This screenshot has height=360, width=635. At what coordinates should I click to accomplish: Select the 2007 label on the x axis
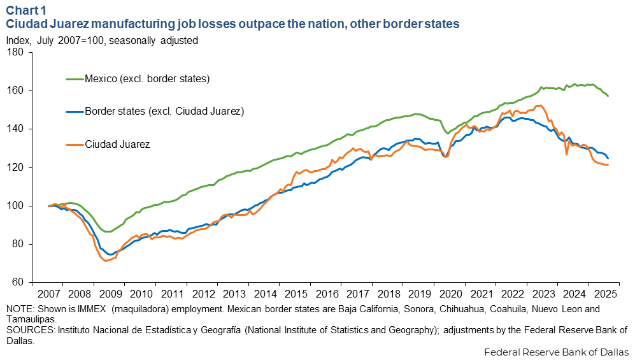[48, 294]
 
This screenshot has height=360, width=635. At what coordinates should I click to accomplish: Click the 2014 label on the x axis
[264, 294]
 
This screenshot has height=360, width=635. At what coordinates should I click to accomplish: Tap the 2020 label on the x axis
[449, 294]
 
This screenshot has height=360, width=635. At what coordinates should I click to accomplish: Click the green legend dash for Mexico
[75, 79]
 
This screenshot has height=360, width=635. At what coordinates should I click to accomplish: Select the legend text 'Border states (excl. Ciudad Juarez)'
[164, 112]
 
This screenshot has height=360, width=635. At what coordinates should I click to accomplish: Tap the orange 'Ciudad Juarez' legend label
[117, 144]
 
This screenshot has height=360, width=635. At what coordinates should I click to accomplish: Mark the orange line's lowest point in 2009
[106, 261]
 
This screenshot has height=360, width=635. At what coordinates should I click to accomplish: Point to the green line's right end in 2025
[608, 96]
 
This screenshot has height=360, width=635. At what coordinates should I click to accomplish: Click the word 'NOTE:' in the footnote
[20, 309]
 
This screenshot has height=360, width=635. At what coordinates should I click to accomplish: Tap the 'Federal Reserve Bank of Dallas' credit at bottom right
[556, 352]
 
